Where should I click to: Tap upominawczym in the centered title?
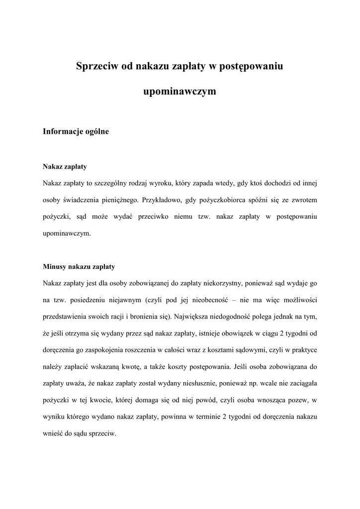180,91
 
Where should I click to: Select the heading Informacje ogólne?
76,132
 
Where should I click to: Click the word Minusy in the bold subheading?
55,266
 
